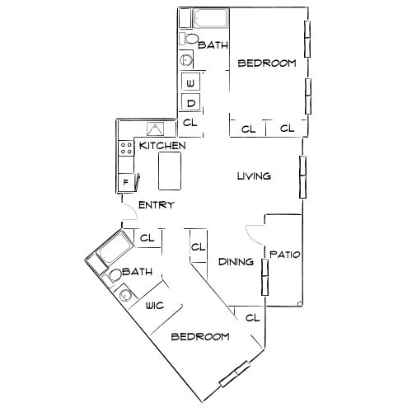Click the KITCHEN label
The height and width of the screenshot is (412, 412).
click(x=162, y=146)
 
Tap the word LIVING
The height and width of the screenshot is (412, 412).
click(x=254, y=176)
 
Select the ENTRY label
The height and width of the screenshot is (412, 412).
click(x=156, y=205)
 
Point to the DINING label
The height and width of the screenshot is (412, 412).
click(x=235, y=262)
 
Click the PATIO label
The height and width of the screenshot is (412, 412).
click(x=285, y=255)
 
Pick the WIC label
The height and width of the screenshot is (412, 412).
click(x=155, y=305)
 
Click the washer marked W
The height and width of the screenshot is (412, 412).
click(x=190, y=83)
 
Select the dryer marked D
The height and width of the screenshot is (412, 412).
click(x=190, y=103)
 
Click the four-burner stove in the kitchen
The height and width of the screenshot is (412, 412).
click(x=128, y=148)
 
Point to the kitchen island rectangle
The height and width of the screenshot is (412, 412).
click(x=169, y=174)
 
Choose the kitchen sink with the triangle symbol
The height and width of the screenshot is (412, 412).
click(x=156, y=129)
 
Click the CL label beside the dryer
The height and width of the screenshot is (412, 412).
click(x=190, y=123)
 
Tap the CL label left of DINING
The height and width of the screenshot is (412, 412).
click(x=199, y=246)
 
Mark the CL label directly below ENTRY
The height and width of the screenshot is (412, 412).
click(x=147, y=239)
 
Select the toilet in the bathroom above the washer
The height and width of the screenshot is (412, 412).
click(x=190, y=40)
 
